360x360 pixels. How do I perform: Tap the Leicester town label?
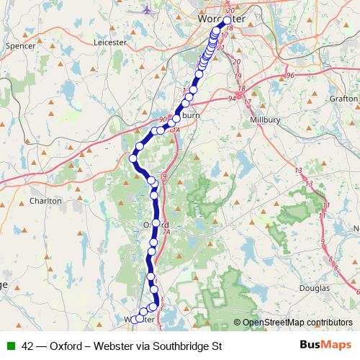point(110,42)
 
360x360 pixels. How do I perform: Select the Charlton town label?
point(46,201)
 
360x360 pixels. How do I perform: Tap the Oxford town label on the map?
point(145,225)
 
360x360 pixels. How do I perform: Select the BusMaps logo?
point(325,345)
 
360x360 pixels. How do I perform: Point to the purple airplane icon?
point(148,10)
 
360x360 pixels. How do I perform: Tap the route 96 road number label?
point(290,75)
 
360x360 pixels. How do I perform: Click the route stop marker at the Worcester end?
point(228,21)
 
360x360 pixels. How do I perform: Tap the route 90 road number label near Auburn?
point(163,120)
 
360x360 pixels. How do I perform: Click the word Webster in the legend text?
point(110,345)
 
